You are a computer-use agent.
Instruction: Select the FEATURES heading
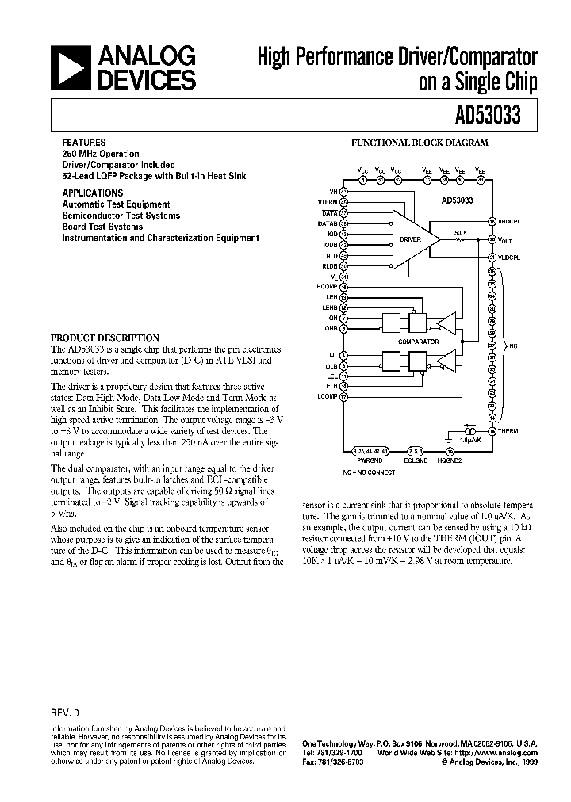[x=83, y=143]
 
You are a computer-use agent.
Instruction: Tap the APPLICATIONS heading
[x=92, y=193]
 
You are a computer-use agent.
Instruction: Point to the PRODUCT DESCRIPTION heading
[x=105, y=337]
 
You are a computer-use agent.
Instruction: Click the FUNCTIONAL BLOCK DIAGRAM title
[x=420, y=143]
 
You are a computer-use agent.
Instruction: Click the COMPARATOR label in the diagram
[x=418, y=341]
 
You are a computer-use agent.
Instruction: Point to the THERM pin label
[x=508, y=431]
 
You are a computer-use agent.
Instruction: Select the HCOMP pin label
[x=327, y=286]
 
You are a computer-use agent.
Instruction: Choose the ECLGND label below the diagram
[x=416, y=459]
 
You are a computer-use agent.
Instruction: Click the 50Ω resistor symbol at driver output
[x=460, y=239]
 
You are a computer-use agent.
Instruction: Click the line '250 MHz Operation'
[x=101, y=154]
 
